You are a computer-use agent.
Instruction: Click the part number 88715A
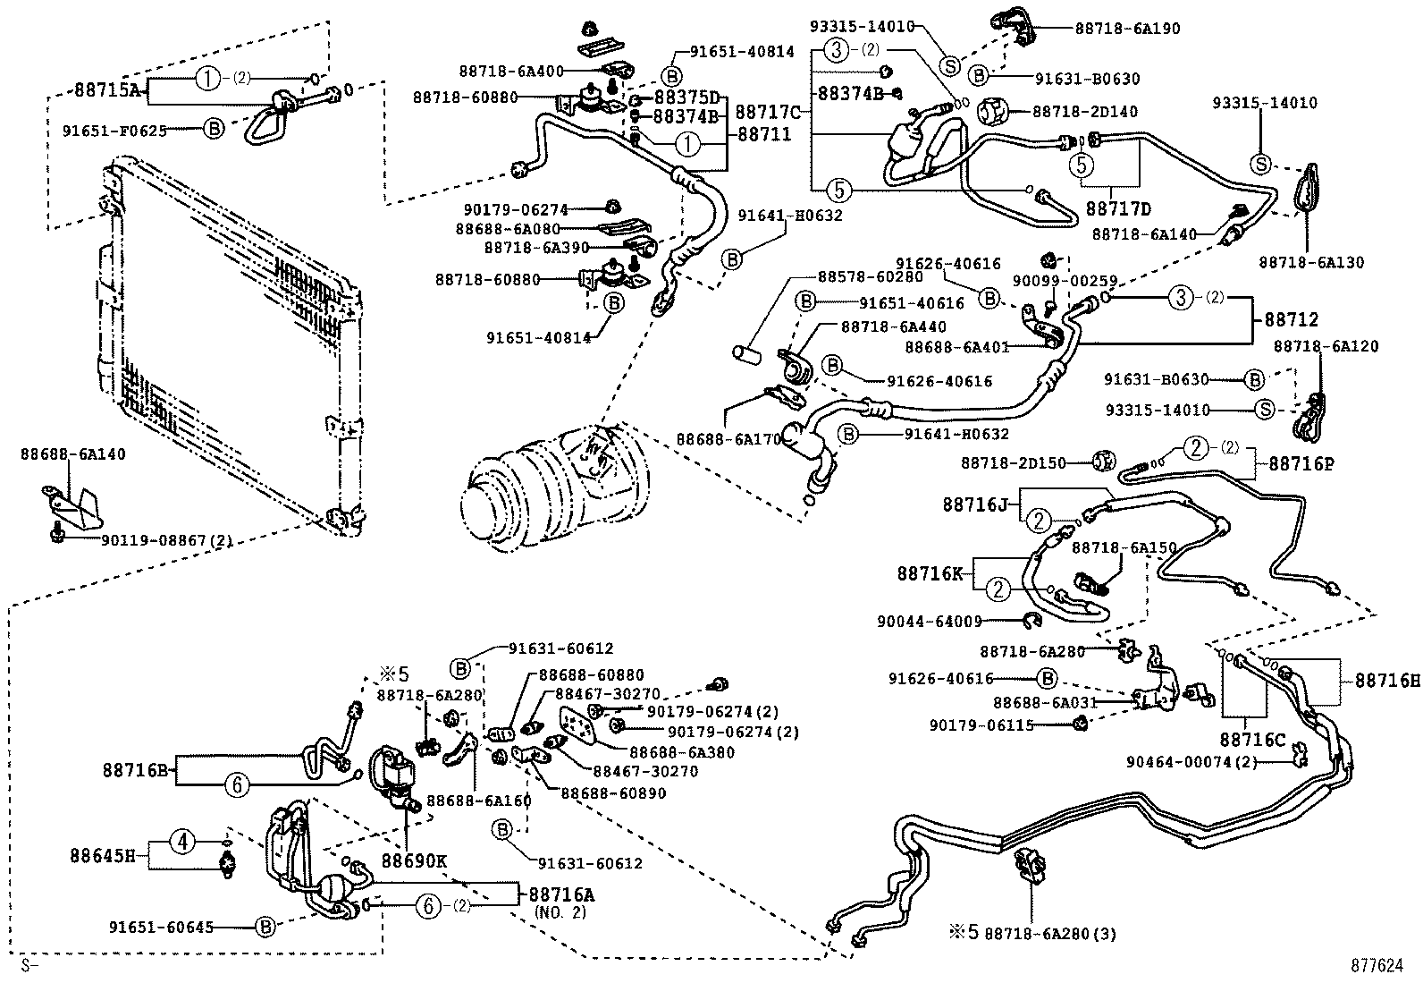(107, 89)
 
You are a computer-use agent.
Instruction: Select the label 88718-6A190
(1128, 29)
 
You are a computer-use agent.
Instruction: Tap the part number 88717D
(1118, 208)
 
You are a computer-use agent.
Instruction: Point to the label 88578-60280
(871, 276)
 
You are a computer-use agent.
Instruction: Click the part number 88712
(1292, 319)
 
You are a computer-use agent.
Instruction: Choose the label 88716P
(1301, 464)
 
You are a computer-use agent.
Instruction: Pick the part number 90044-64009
(930, 622)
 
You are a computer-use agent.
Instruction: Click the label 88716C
(1253, 740)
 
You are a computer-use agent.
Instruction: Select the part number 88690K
(414, 861)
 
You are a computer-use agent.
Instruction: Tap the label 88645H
(103, 856)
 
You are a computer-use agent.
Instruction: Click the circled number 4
(183, 843)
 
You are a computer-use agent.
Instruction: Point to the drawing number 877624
(1377, 966)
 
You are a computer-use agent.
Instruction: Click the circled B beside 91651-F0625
(215, 129)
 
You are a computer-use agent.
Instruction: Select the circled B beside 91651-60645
(265, 927)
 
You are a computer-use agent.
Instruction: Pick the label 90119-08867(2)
(167, 540)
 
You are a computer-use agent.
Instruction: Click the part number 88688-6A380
(682, 752)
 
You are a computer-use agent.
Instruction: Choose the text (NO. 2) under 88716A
(560, 911)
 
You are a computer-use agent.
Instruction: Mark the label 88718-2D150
(1014, 463)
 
